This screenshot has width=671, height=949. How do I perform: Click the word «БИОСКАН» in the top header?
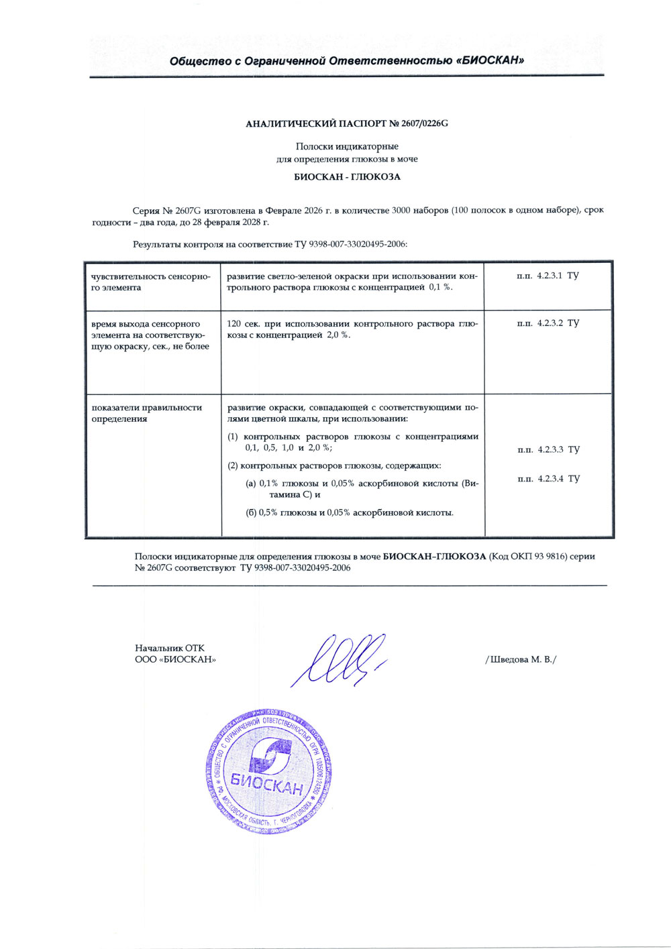pyautogui.click(x=491, y=61)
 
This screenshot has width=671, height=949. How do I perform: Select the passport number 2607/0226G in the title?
pyautogui.click(x=424, y=124)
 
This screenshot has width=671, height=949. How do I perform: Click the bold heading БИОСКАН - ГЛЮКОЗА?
pyautogui.click(x=347, y=177)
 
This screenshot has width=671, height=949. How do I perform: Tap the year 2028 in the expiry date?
pyautogui.click(x=252, y=222)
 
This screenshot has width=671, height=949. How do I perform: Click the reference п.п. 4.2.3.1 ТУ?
pyautogui.click(x=548, y=276)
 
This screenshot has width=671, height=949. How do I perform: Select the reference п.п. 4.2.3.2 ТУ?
pyautogui.click(x=548, y=323)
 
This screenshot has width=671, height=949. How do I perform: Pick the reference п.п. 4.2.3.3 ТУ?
pyautogui.click(x=548, y=449)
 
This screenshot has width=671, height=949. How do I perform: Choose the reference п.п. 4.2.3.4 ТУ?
pyautogui.click(x=548, y=479)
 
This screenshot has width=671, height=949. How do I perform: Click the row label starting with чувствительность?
pyautogui.click(x=151, y=282)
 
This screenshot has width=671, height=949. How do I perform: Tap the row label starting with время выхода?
pyautogui.click(x=150, y=335)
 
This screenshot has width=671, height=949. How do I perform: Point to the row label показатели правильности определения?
pyautogui.click(x=147, y=413)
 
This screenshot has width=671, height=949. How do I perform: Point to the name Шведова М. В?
pyautogui.click(x=521, y=659)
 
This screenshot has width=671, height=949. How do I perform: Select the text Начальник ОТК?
pyautogui.click(x=170, y=649)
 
